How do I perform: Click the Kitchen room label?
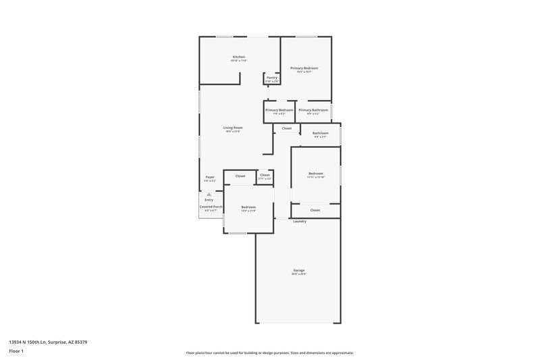(x=239, y=57)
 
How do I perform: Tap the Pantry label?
(x=272, y=78)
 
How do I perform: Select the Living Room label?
(x=233, y=127)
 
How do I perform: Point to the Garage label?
(x=299, y=270)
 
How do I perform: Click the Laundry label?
(x=300, y=222)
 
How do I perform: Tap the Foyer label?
(x=210, y=177)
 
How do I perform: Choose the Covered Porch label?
(x=211, y=207)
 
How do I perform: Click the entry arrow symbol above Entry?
(x=209, y=194)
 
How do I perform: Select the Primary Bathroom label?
(x=313, y=110)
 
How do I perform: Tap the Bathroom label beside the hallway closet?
(x=320, y=133)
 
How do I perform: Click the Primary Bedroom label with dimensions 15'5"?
(x=304, y=68)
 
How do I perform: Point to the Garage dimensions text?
(x=299, y=274)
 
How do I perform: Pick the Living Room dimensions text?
(x=233, y=131)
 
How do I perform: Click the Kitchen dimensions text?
(x=239, y=61)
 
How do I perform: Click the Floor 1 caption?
(x=17, y=352)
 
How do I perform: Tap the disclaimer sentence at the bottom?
(x=269, y=353)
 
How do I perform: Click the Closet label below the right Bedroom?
(x=315, y=210)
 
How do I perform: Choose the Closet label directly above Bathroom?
(x=287, y=128)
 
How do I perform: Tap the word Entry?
(x=209, y=200)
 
